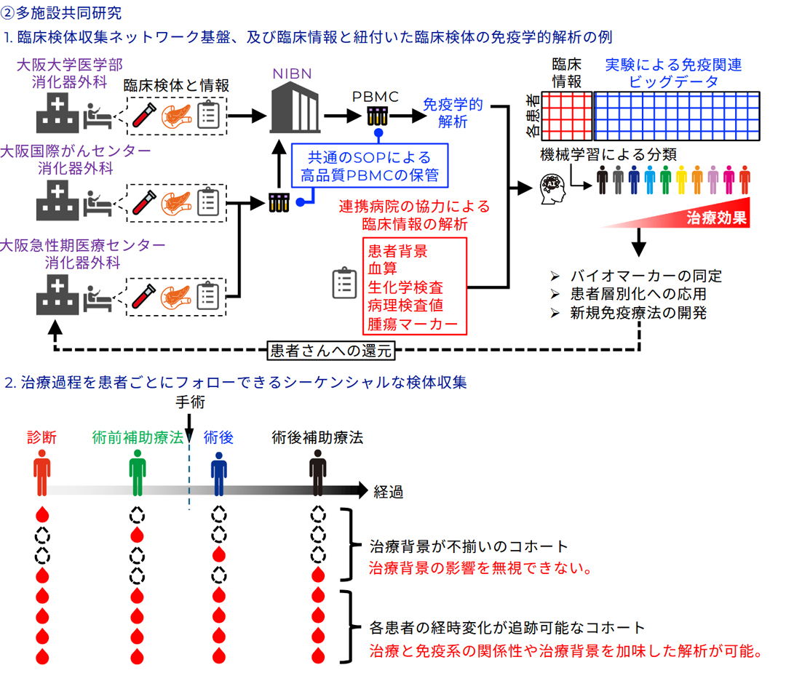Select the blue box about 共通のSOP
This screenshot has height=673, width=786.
pyautogui.click(x=369, y=165)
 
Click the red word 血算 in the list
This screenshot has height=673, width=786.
pyautogui.click(x=383, y=269)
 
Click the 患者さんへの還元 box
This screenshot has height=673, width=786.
pyautogui.click(x=330, y=350)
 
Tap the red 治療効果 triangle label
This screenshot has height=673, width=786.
pyautogui.click(x=718, y=218)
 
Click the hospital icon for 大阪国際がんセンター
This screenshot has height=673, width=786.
pyautogui.click(x=57, y=201)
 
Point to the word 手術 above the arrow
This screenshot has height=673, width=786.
pyautogui.click(x=189, y=402)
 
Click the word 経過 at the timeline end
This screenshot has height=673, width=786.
pyautogui.click(x=389, y=492)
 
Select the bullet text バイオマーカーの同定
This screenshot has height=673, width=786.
pyautogui.click(x=645, y=276)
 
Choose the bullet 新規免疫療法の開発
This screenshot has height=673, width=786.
pyautogui.click(x=638, y=314)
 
